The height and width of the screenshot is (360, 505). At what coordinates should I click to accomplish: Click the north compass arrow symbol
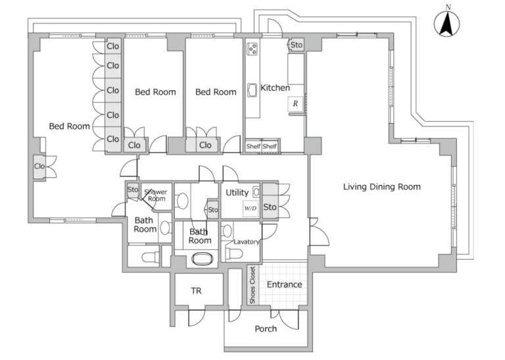(446, 24)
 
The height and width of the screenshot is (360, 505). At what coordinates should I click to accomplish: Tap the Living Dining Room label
(381, 187)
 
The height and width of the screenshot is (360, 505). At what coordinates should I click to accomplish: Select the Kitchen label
(275, 88)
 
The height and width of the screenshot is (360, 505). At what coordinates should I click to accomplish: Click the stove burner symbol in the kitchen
(252, 49)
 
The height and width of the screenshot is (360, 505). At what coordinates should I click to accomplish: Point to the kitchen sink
(252, 90)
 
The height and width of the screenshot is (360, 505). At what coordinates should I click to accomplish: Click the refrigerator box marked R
(295, 104)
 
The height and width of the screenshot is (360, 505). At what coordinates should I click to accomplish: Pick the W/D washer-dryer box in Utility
(251, 208)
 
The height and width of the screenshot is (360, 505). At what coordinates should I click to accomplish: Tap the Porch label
(266, 328)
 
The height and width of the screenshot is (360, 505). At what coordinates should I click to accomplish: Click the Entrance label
(284, 284)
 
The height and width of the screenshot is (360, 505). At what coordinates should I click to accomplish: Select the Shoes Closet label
(252, 285)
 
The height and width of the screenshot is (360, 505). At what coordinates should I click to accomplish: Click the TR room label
(196, 291)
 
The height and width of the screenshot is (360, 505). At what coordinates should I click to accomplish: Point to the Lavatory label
(247, 242)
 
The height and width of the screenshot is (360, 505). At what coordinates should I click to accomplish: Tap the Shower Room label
(156, 195)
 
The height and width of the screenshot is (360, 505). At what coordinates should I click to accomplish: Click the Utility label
(237, 193)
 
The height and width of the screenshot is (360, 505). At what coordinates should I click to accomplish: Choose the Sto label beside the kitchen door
(297, 45)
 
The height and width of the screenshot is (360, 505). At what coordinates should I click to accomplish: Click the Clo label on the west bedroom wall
(39, 166)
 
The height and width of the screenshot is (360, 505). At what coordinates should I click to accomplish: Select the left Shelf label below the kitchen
(253, 146)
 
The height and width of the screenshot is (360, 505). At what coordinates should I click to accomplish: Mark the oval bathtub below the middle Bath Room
(203, 259)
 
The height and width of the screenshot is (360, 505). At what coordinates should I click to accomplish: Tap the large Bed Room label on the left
(69, 126)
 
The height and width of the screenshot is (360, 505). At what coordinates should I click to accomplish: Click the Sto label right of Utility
(270, 207)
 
